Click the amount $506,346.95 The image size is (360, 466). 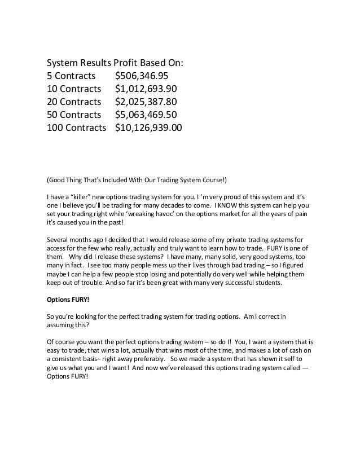141,76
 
